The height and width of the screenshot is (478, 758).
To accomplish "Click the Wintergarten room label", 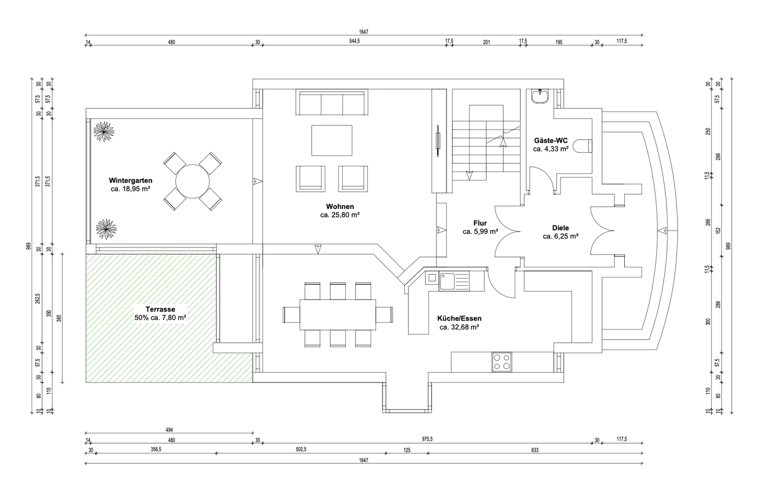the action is (x=131, y=181).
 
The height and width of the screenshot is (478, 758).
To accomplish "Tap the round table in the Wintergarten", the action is (x=193, y=182).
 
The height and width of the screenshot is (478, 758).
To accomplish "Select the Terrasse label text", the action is (x=161, y=309).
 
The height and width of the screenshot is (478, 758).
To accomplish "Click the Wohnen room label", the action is (x=340, y=206).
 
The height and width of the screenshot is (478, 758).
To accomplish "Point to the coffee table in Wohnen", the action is (x=332, y=141).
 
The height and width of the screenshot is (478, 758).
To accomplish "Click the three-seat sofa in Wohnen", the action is (x=332, y=102).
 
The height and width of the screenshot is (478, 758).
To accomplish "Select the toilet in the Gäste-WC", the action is (x=583, y=146).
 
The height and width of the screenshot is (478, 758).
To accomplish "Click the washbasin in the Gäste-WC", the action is (x=540, y=96).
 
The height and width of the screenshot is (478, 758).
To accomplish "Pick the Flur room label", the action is (x=480, y=223).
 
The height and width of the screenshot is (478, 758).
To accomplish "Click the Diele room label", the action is (x=561, y=228).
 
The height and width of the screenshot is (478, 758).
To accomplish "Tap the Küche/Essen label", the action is (x=459, y=318).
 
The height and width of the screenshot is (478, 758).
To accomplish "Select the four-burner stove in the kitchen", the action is (x=502, y=362).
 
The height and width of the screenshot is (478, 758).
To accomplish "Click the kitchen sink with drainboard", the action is (x=454, y=281).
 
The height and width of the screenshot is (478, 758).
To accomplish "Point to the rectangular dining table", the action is (x=338, y=314).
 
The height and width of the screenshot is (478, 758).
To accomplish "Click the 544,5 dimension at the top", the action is (x=354, y=41).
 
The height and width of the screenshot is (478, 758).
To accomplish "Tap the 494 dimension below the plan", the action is (x=169, y=430).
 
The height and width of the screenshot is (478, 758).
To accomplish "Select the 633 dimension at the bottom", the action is (x=535, y=450).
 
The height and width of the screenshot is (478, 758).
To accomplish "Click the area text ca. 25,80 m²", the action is (x=340, y=215).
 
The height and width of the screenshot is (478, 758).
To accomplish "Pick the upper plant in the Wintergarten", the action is (x=104, y=132).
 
